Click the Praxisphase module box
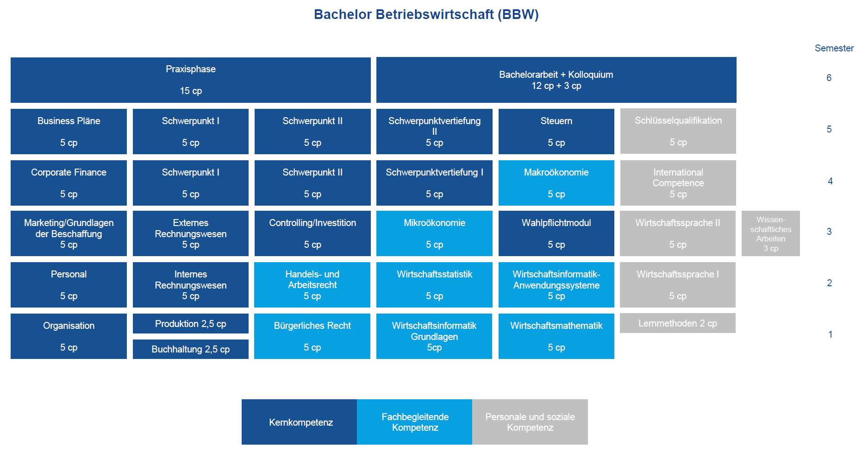click(191, 80)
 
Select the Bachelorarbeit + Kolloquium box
click(556, 80)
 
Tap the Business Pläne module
click(69, 132)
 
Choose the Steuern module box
click(556, 132)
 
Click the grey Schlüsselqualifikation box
click(678, 131)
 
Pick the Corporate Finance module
click(69, 183)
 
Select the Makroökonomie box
click(556, 183)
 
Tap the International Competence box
click(678, 183)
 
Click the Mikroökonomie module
click(434, 233)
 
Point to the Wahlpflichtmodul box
click(556, 233)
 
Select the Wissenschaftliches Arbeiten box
click(771, 233)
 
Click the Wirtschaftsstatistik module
click(434, 285)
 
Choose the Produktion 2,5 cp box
click(191, 323)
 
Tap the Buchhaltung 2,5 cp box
click(191, 349)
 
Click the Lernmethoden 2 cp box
click(678, 323)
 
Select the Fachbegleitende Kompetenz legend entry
click(415, 422)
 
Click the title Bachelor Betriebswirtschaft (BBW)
click(426, 14)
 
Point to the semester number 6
click(829, 78)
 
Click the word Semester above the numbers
click(834, 48)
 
